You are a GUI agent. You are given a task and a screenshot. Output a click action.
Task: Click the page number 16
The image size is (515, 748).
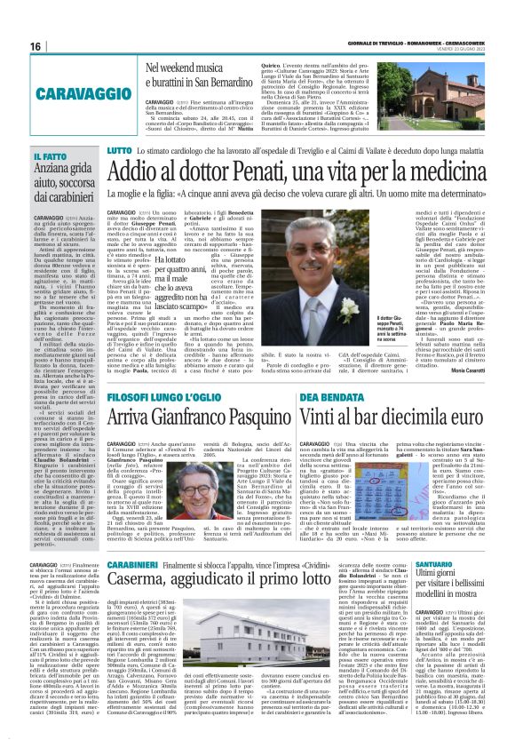click(x=36, y=45)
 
